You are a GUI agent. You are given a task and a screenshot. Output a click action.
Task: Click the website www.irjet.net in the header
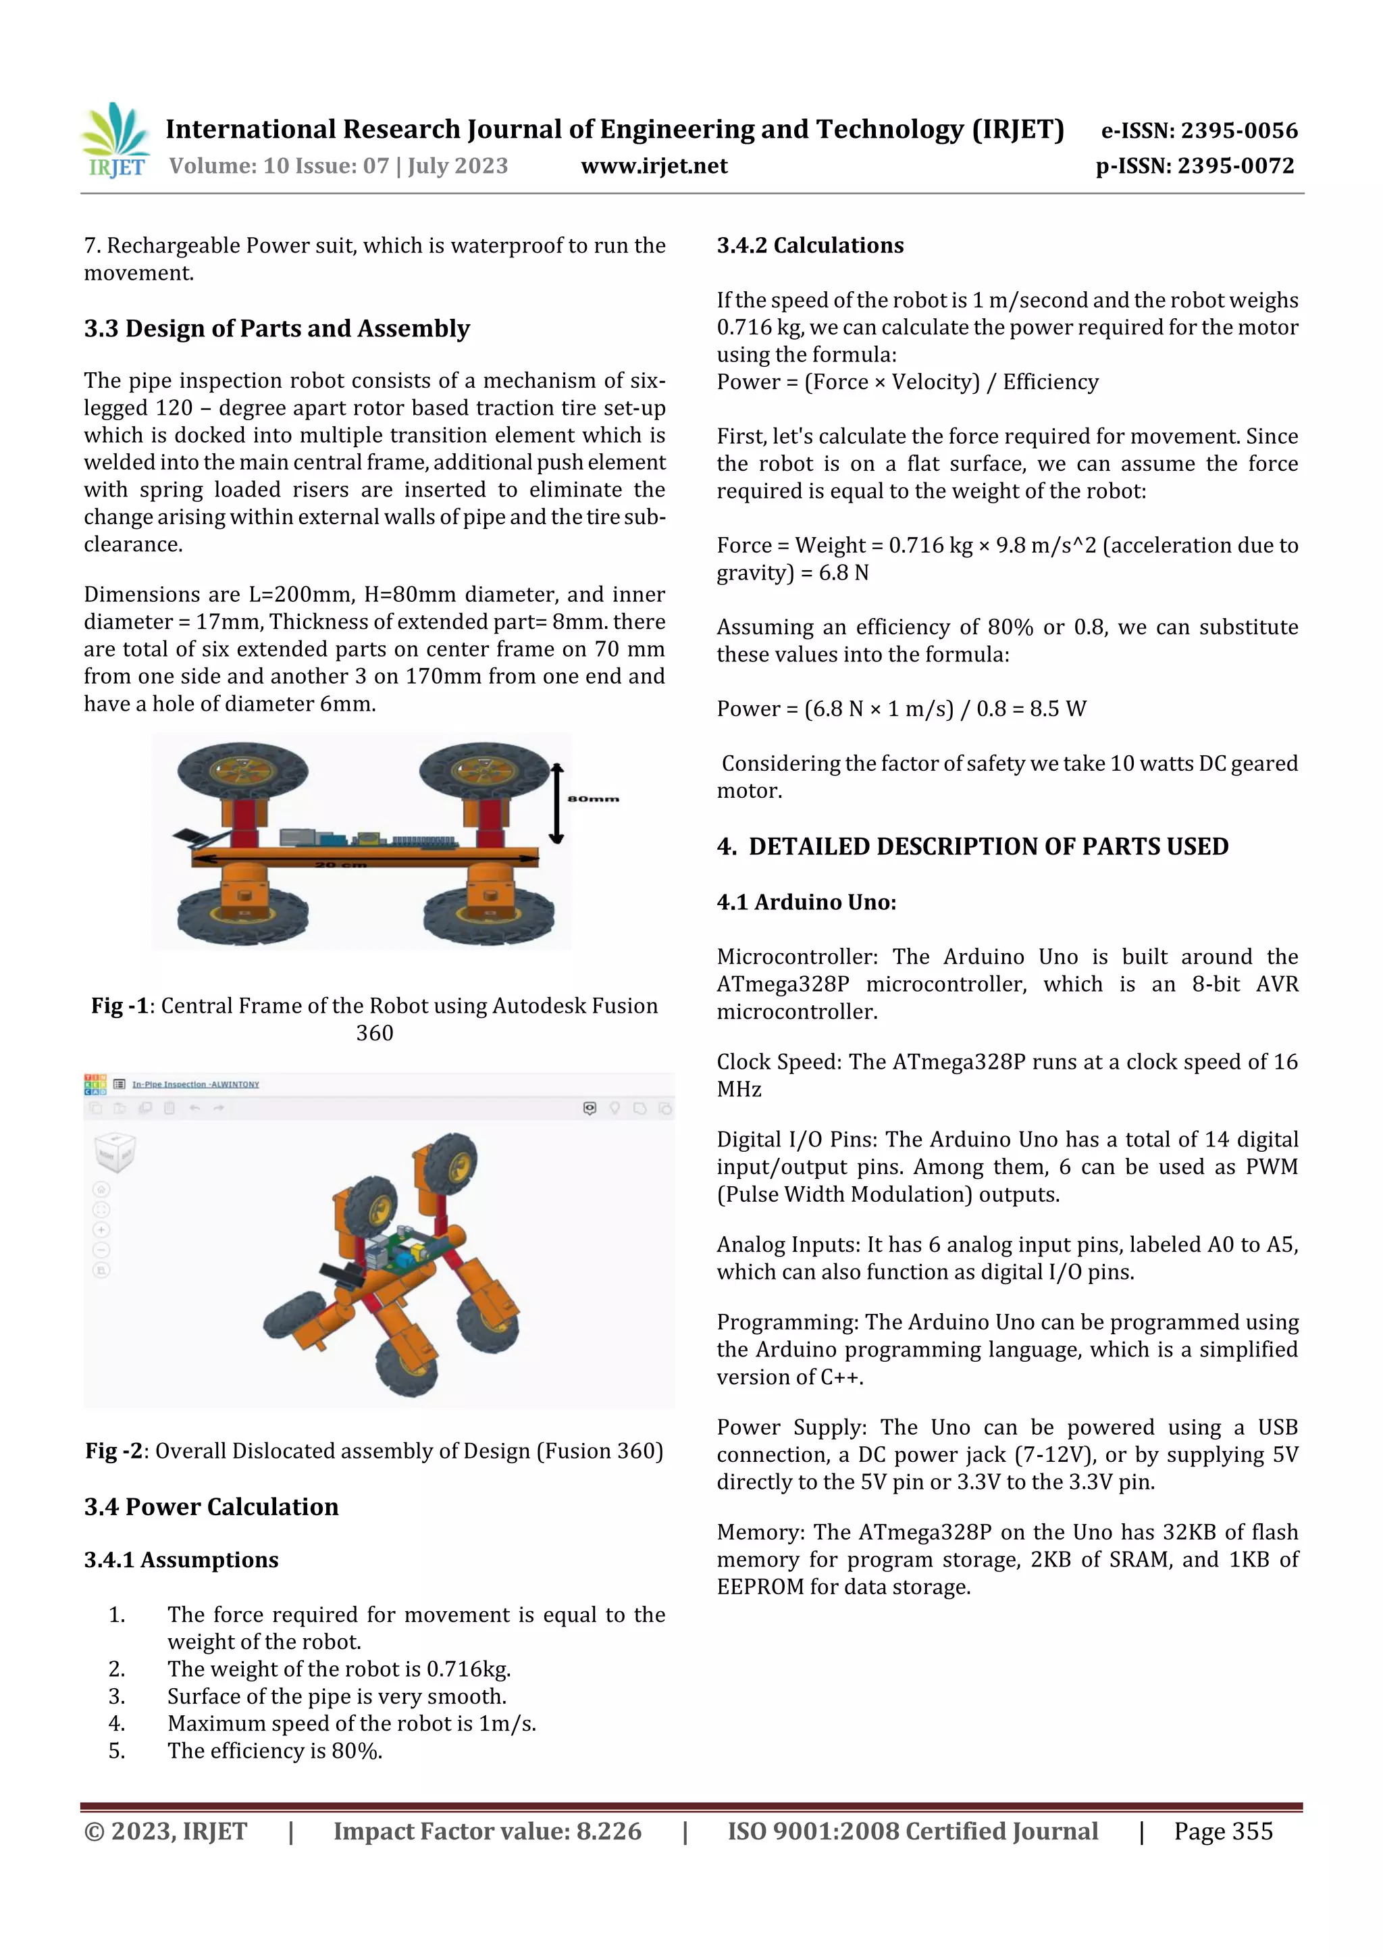coord(654,166)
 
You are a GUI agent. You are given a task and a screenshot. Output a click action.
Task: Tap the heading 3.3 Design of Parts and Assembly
coord(276,328)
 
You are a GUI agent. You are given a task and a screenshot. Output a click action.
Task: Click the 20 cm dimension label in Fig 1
coord(341,864)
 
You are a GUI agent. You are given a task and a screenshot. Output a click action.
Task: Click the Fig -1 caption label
coord(120,1006)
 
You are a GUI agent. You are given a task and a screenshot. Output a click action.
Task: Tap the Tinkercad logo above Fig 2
coord(95,1084)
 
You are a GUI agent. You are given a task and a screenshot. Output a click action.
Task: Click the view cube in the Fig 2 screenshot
coord(113,1152)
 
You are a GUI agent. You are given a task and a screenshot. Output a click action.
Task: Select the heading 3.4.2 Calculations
coord(810,245)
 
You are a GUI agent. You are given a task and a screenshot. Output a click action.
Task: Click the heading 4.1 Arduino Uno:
coord(806,902)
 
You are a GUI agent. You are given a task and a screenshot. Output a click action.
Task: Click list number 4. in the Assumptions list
coord(117,1723)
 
